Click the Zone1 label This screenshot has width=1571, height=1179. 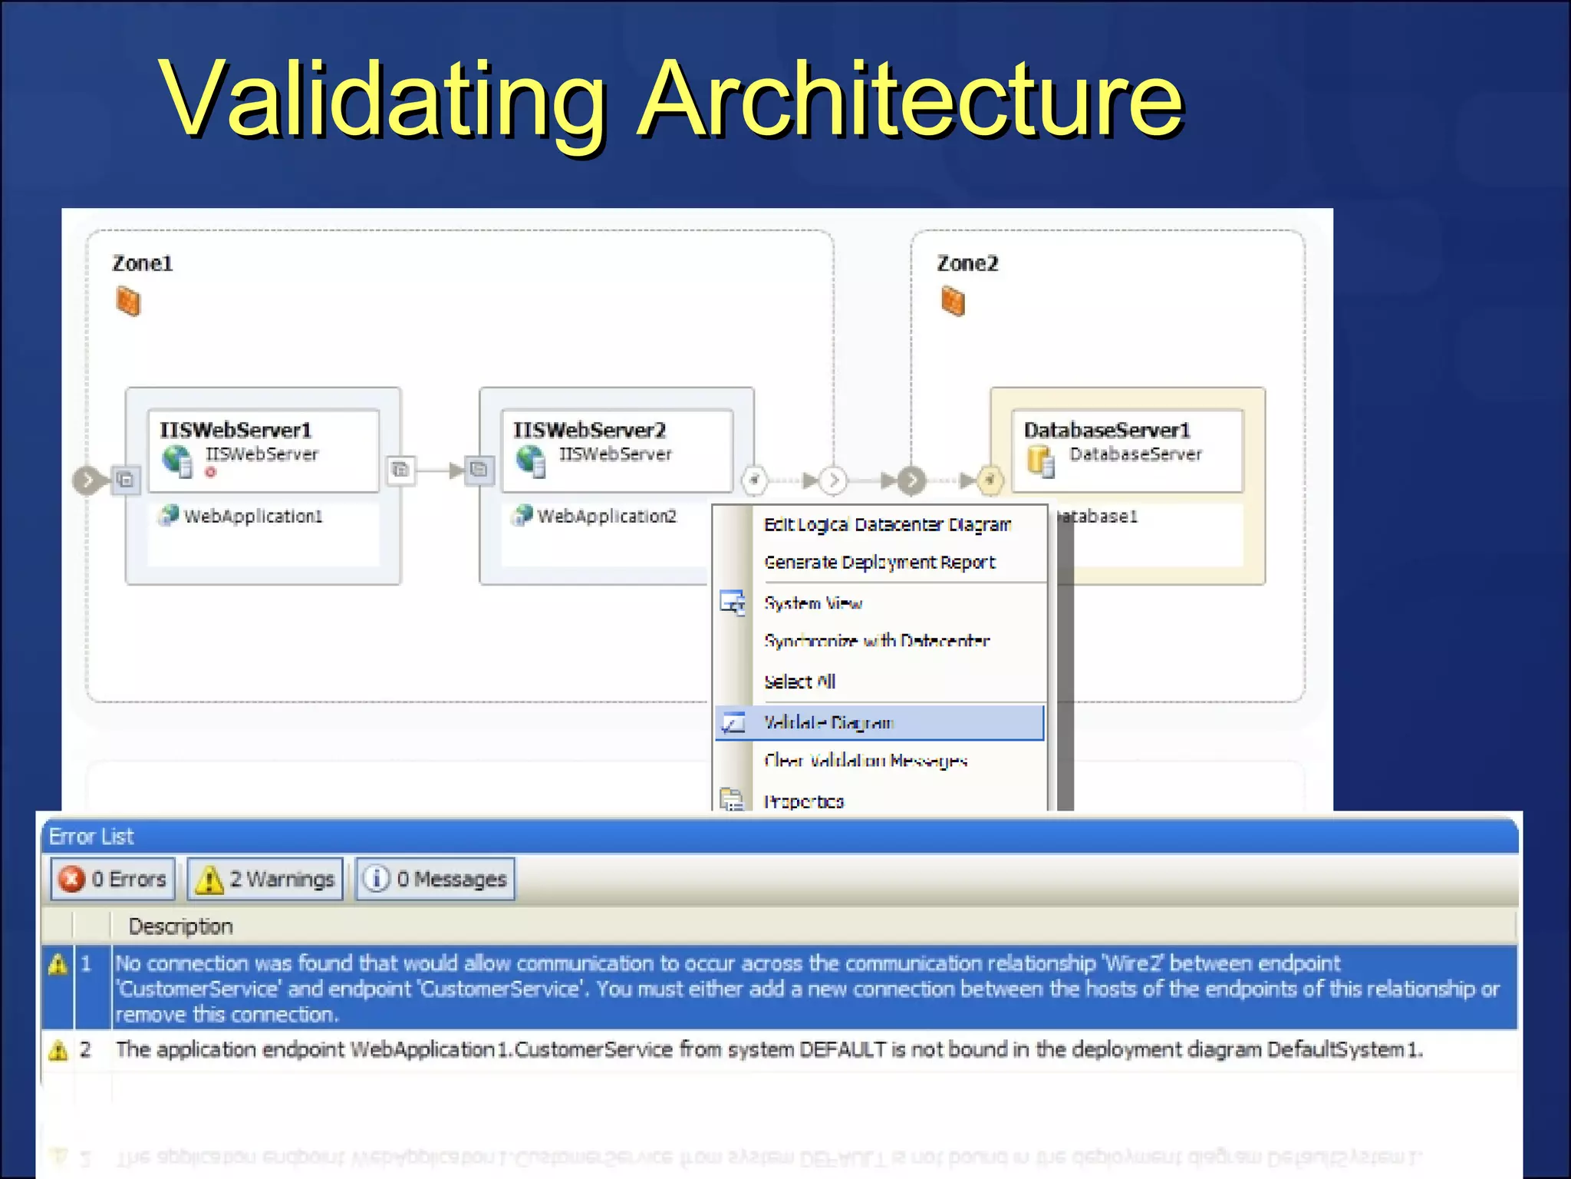[143, 264]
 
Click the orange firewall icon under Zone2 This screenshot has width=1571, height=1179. [953, 301]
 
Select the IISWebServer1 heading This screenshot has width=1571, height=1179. [235, 430]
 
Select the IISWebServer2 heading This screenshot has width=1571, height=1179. [589, 430]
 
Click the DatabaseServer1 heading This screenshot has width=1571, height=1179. [1106, 430]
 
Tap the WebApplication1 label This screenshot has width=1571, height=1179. [252, 517]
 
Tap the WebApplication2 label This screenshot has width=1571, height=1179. [606, 517]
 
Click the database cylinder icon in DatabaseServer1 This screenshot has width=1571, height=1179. [1041, 461]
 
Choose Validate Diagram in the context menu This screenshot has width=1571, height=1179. [828, 723]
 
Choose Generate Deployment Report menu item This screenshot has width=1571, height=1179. [879, 563]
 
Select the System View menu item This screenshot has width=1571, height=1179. [813, 604]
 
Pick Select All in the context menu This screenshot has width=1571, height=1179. [799, 682]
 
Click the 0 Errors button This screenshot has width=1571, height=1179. [114, 879]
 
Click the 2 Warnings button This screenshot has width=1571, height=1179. [265, 879]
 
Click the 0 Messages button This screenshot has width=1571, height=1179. [436, 879]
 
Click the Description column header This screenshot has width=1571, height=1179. [180, 926]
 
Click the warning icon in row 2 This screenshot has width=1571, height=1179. [58, 1050]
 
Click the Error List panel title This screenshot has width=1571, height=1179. [91, 837]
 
